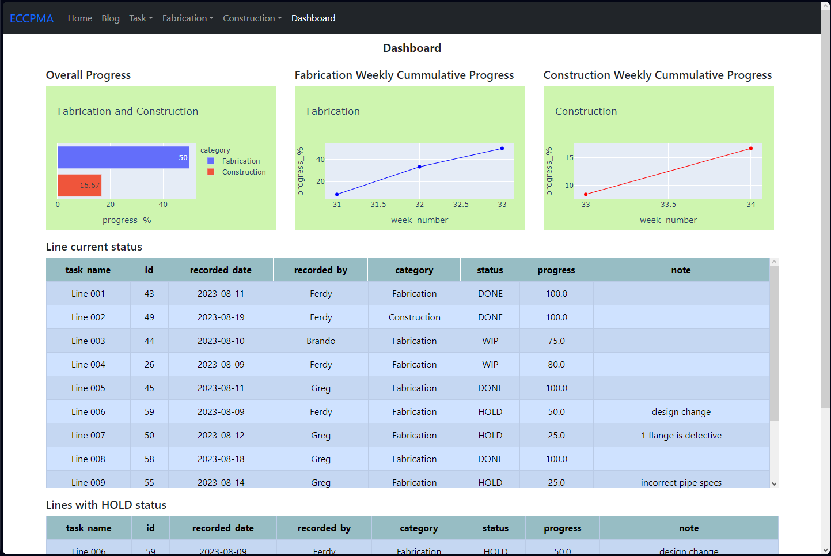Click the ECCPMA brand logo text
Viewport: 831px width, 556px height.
(32, 18)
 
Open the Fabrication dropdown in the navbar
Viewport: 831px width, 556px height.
(188, 18)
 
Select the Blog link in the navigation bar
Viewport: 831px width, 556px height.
(111, 18)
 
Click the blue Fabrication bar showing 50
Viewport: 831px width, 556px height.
(123, 157)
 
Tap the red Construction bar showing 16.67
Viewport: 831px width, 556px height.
(79, 186)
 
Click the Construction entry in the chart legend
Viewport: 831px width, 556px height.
(244, 172)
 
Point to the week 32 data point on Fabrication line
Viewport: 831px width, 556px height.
(419, 167)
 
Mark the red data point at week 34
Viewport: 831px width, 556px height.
(751, 149)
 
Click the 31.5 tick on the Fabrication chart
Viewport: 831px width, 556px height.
(378, 205)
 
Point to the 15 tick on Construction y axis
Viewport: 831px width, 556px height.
(569, 158)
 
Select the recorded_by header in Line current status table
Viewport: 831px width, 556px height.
(321, 270)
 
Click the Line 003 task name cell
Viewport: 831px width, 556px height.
(88, 341)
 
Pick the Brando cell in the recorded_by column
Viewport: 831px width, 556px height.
(321, 341)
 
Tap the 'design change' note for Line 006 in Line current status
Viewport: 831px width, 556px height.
(681, 412)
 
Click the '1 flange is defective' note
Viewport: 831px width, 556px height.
(681, 436)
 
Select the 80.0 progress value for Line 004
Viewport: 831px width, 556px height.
(556, 365)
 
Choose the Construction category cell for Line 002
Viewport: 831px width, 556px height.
(414, 317)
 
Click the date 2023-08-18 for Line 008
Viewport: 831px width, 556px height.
(221, 459)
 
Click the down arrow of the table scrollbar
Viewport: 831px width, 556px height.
(774, 484)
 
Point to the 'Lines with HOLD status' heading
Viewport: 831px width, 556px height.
(106, 505)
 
